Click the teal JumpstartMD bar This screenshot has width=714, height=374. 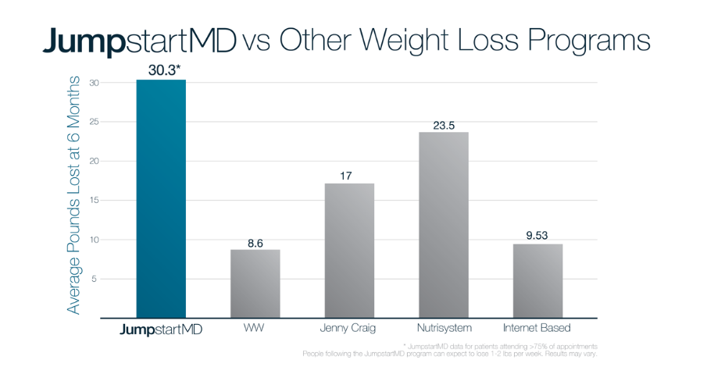click(161, 199)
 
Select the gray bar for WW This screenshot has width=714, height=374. click(255, 283)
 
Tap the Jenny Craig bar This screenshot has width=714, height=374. click(349, 251)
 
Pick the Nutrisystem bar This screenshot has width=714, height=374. click(443, 225)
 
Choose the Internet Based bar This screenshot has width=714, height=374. click(537, 281)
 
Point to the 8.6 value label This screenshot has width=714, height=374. click(255, 243)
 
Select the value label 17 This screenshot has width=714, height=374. click(348, 176)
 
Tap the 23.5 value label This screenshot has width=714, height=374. click(444, 125)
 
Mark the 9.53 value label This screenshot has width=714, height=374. click(537, 236)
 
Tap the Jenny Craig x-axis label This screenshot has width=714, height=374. click(348, 328)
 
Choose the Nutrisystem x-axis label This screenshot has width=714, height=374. click(443, 328)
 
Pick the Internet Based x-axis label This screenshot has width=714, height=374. click(537, 328)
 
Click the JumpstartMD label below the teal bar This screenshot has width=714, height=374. click(161, 329)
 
